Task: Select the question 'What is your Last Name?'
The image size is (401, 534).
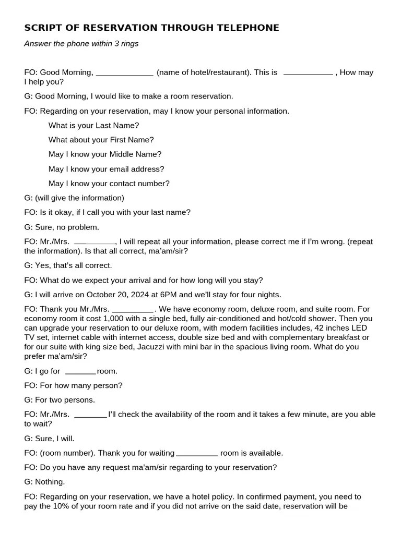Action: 94,126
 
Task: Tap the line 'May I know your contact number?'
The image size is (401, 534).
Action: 109,184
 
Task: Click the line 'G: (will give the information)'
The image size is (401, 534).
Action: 74,198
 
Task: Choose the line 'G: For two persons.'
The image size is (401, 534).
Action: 60,400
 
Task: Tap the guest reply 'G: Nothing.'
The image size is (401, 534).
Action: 44,482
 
